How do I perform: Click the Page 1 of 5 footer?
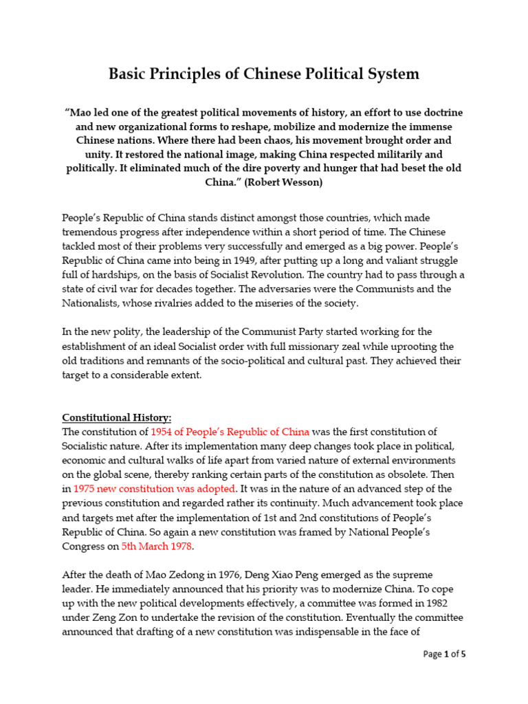[444, 654]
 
